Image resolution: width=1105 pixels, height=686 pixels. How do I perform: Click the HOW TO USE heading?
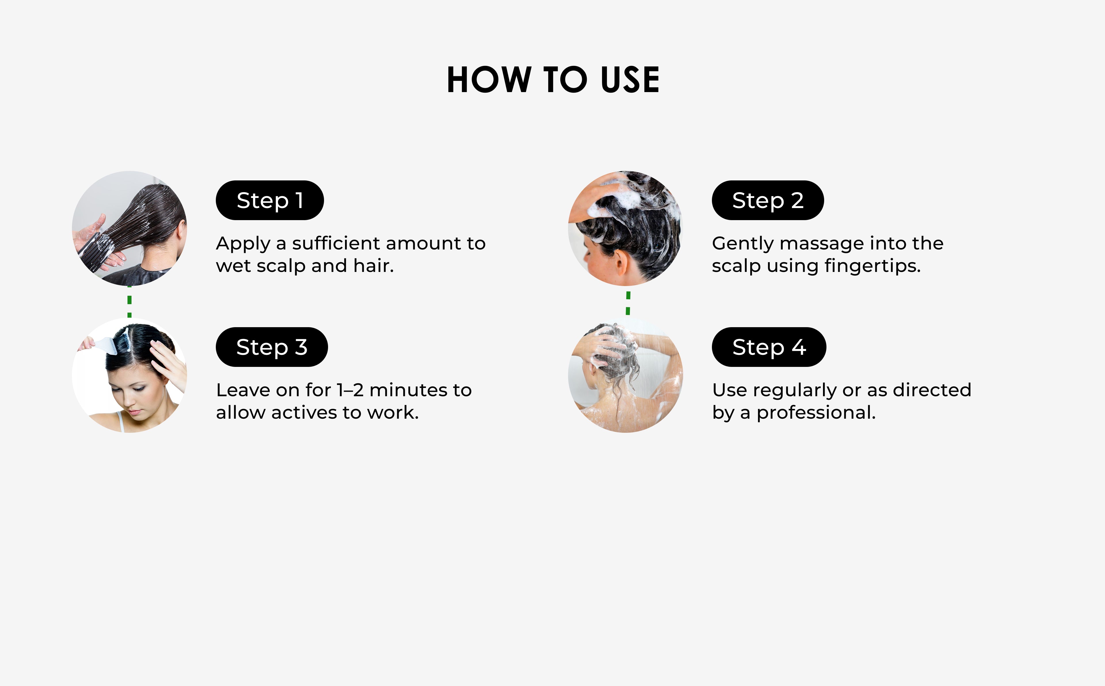553,80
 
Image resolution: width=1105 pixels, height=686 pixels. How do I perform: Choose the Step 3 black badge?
272,347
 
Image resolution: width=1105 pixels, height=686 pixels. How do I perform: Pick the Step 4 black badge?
769,347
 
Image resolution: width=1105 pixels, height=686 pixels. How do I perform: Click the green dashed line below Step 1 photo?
130,302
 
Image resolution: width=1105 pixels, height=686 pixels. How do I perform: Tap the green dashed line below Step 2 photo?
628,303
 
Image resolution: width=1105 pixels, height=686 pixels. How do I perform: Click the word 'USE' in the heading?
630,80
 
